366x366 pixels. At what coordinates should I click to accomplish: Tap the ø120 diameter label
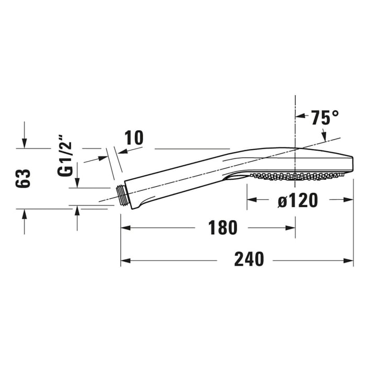pyautogui.click(x=298, y=200)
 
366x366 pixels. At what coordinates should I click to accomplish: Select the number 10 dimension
pyautogui.click(x=133, y=138)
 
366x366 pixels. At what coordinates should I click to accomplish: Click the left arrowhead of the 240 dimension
pyautogui.click(x=125, y=260)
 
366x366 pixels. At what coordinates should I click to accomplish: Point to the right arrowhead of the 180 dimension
pyautogui.click(x=291, y=228)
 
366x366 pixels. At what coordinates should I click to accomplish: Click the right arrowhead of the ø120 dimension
pyautogui.click(x=349, y=199)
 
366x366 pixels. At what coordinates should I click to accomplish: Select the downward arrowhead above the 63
pyautogui.click(x=25, y=143)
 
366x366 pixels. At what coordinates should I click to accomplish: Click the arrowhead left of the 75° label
pyautogui.click(x=301, y=118)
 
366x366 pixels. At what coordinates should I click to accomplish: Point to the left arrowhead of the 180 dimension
pyautogui.click(x=125, y=228)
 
